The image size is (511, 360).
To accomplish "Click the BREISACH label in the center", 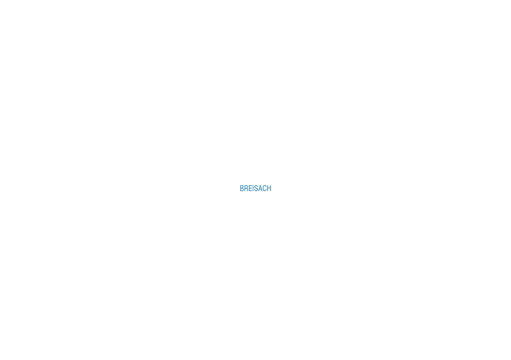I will click(x=255, y=188).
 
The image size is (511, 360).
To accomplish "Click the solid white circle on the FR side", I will click(x=143, y=160).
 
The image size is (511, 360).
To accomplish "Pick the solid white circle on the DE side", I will click(x=368, y=216).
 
